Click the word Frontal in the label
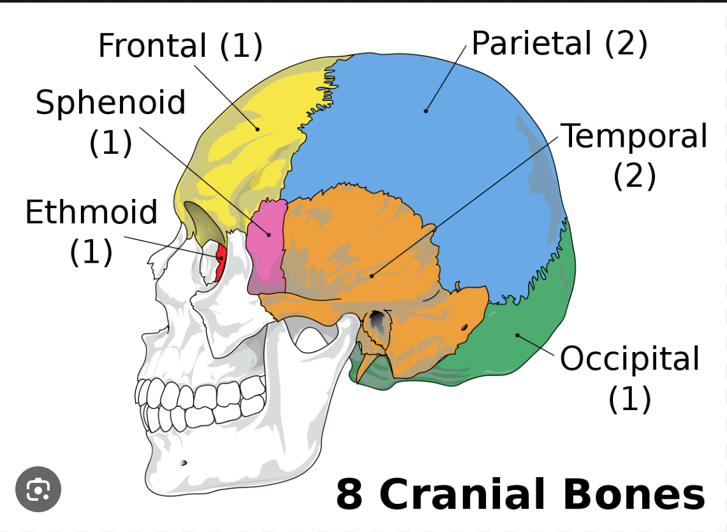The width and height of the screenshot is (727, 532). [152, 46]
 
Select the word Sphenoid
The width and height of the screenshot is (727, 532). [110, 103]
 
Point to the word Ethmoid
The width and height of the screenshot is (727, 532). [91, 212]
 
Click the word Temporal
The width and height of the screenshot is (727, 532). [634, 136]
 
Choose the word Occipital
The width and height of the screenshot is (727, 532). [629, 359]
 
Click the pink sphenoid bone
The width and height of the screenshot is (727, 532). [266, 246]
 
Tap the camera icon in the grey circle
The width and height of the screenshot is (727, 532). [38, 490]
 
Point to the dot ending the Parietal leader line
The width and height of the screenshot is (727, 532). [425, 111]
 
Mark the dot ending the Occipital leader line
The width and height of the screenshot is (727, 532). [517, 334]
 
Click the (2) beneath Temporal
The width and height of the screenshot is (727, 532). [634, 175]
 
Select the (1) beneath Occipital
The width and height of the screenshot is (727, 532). [629, 399]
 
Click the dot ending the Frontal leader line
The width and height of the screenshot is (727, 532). [258, 129]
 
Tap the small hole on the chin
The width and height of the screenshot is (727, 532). [184, 462]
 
